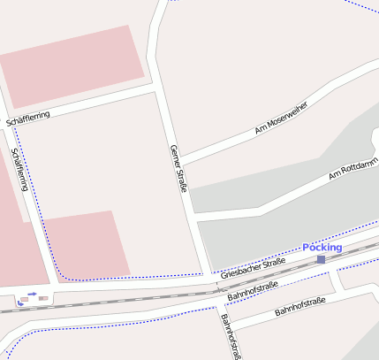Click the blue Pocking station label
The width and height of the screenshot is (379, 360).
322,248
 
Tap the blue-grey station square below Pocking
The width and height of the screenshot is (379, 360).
321,259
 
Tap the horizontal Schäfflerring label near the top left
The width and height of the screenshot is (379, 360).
27,118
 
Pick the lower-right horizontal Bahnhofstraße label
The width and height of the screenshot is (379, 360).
300,307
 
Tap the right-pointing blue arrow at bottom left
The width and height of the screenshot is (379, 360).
32,294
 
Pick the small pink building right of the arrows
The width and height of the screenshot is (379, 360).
43,299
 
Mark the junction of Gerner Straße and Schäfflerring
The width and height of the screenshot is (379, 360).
157,89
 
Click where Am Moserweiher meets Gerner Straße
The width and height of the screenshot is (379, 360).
180,160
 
